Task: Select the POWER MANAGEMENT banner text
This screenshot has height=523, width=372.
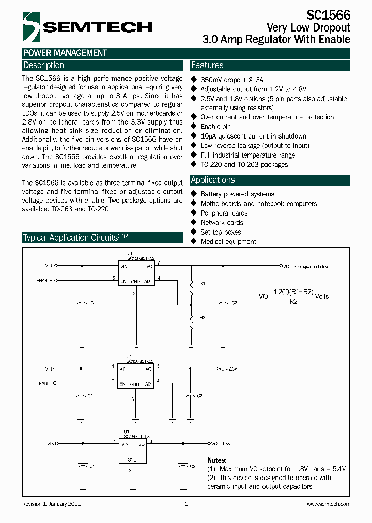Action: [x=65, y=53]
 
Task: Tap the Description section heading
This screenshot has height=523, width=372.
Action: [x=44, y=65]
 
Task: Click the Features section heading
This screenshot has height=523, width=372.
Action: [x=207, y=65]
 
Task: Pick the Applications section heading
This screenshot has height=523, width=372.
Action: [x=213, y=180]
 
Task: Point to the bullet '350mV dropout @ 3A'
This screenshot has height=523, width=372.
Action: [x=232, y=80]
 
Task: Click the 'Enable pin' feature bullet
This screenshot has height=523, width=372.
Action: [x=215, y=127]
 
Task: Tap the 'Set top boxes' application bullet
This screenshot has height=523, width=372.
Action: [x=221, y=232]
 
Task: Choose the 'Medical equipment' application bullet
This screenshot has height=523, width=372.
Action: [x=228, y=241]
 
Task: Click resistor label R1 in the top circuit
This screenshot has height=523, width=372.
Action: [x=203, y=283]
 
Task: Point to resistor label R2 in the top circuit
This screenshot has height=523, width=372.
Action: [x=203, y=318]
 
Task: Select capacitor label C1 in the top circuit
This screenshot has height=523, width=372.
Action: [x=92, y=303]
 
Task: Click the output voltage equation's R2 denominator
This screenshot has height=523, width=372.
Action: [x=293, y=301]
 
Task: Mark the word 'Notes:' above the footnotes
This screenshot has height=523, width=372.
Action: [x=217, y=460]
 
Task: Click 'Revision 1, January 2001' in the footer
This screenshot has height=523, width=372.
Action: [x=52, y=504]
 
